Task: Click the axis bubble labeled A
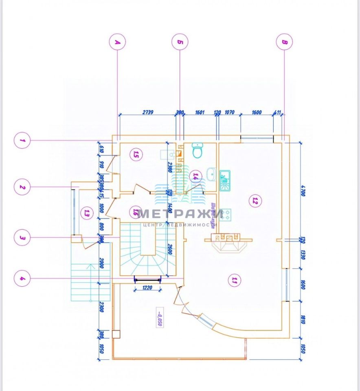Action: (x=117, y=42)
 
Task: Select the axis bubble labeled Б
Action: (x=180, y=42)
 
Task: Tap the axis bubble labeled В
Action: (x=284, y=42)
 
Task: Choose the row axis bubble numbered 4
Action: (x=22, y=279)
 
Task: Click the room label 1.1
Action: (x=234, y=280)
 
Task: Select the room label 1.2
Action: (x=255, y=200)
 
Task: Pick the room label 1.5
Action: (x=136, y=154)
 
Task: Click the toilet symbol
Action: (x=198, y=151)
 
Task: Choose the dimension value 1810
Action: (x=302, y=319)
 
